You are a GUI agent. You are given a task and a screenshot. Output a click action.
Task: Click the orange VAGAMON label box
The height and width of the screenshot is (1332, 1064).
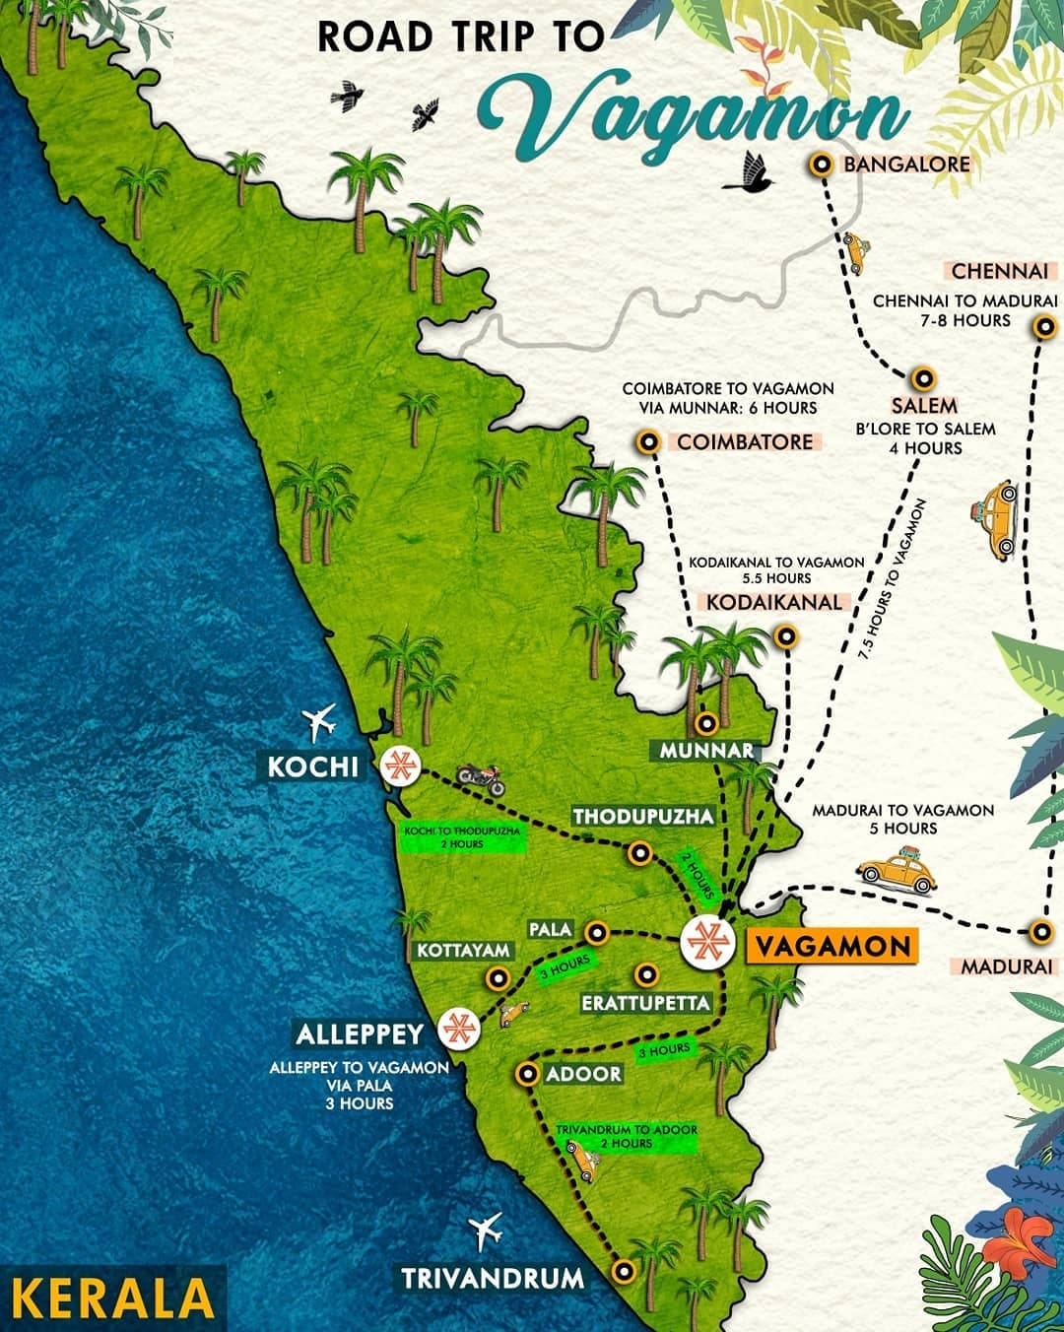pyautogui.click(x=831, y=946)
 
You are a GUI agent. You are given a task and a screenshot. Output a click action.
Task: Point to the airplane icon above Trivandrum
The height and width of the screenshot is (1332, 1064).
pyautogui.click(x=486, y=1230)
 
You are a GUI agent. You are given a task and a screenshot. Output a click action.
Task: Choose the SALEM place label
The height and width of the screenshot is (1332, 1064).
pyautogui.click(x=924, y=406)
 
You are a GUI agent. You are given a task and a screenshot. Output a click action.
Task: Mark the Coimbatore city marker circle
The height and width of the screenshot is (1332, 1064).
pyautogui.click(x=648, y=442)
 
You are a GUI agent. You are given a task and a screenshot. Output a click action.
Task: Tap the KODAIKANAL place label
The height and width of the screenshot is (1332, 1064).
pyautogui.click(x=773, y=601)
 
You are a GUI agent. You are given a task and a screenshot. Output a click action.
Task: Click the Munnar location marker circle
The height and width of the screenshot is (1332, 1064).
pyautogui.click(x=705, y=724)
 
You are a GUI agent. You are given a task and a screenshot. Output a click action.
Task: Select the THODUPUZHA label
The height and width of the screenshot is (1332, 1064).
pyautogui.click(x=642, y=817)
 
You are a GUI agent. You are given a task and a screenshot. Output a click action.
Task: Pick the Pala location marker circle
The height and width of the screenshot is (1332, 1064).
pyautogui.click(x=595, y=932)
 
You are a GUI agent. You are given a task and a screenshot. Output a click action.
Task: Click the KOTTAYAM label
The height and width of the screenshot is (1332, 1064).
pyautogui.click(x=463, y=951)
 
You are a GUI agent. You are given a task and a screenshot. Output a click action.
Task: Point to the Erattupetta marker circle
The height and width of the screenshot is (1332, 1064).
pyautogui.click(x=646, y=974)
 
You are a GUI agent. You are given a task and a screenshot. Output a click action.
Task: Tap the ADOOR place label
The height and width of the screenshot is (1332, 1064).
pyautogui.click(x=583, y=1074)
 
